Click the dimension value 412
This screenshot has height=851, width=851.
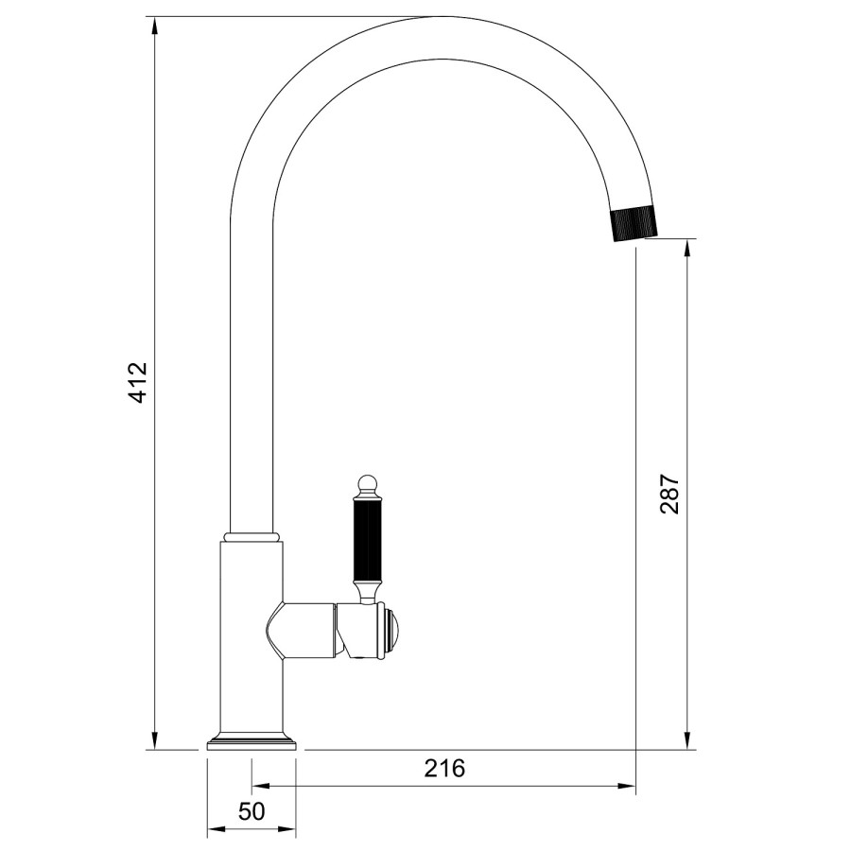[x=138, y=382]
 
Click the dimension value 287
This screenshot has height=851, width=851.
[x=669, y=493]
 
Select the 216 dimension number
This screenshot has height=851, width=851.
[x=444, y=768]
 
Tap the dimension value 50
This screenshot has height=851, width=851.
[x=252, y=811]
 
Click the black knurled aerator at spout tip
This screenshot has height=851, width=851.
[x=631, y=223]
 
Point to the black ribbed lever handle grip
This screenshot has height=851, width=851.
[x=368, y=546]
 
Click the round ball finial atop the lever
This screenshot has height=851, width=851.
[x=368, y=483]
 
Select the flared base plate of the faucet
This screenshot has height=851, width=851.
[x=252, y=741]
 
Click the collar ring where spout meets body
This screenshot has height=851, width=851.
[x=252, y=537]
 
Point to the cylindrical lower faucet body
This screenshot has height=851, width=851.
[x=252, y=662]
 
